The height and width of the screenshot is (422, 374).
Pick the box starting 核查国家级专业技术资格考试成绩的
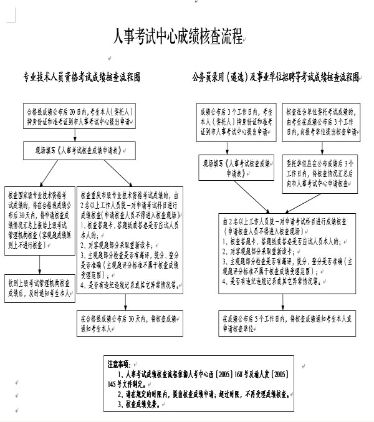(x=39, y=214)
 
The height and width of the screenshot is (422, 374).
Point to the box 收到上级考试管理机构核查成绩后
(x=39, y=286)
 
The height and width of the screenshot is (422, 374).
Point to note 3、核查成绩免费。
(x=142, y=404)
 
